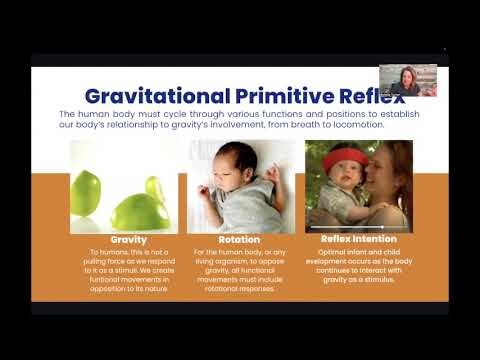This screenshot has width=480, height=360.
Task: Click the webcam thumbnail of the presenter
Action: click(x=408, y=80)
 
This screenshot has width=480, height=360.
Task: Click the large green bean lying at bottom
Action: click(x=140, y=212)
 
